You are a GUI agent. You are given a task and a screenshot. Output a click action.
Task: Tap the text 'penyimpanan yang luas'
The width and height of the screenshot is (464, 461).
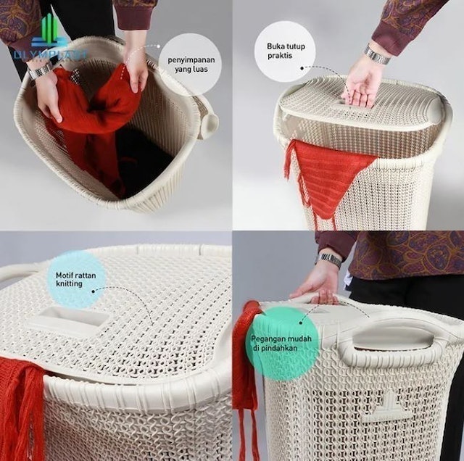click(190, 63)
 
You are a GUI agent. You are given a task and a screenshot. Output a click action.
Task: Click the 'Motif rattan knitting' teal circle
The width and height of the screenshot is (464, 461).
click(76, 279)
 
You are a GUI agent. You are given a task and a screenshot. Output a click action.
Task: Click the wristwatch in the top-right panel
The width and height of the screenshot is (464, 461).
click(377, 55)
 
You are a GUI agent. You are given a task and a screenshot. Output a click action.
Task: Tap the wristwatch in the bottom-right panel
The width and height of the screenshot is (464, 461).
click(330, 259)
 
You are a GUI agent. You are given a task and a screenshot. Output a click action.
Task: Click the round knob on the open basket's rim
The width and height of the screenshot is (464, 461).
click(209, 125)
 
